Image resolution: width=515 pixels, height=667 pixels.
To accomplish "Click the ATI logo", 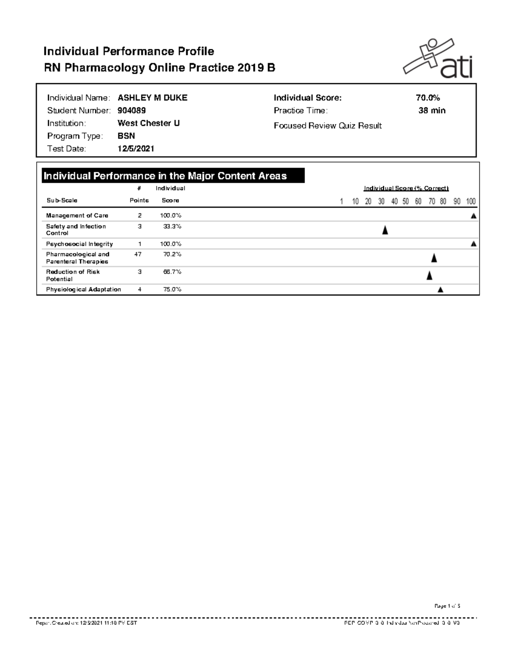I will pyautogui.click(x=438, y=59).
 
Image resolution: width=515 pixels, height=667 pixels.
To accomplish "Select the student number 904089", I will pyautogui.click(x=131, y=111).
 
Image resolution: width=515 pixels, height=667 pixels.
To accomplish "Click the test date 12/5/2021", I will pyautogui.click(x=136, y=149).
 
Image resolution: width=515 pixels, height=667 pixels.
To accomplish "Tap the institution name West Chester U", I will pyautogui.click(x=148, y=124).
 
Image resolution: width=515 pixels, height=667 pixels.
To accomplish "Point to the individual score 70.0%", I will pyautogui.click(x=427, y=98).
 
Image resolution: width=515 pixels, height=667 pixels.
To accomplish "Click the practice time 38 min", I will pyautogui.click(x=432, y=111).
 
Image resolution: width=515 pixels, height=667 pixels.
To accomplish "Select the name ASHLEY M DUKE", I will pyautogui.click(x=152, y=98).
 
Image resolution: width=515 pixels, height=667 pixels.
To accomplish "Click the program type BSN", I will pyautogui.click(x=126, y=136).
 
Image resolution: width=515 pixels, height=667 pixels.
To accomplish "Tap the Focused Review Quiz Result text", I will pyautogui.click(x=327, y=126).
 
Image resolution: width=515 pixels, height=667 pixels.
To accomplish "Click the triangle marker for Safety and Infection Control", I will pyautogui.click(x=385, y=230).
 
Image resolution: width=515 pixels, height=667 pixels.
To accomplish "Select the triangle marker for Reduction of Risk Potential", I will pyautogui.click(x=429, y=276).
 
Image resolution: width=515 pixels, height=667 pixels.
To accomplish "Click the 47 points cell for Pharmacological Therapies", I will pyautogui.click(x=138, y=255).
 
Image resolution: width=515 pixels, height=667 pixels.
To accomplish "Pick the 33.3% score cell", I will pyautogui.click(x=172, y=227).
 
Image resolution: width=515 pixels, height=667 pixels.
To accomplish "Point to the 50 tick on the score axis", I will pyautogui.click(x=406, y=201).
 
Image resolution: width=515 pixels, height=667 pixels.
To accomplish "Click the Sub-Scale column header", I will pyautogui.click(x=62, y=200).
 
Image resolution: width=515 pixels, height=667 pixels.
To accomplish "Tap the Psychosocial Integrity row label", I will pyautogui.click(x=79, y=244).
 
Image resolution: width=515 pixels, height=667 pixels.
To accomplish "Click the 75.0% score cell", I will pyautogui.click(x=172, y=290).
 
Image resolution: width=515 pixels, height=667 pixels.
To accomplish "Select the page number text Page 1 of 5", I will pyautogui.click(x=447, y=606).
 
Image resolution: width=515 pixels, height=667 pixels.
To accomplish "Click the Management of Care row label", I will pyautogui.click(x=77, y=216).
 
